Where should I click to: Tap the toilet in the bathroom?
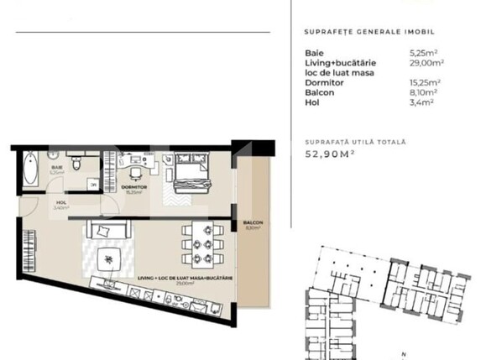pyautogui.click(x=76, y=164)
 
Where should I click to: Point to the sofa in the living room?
pyautogui.click(x=105, y=230)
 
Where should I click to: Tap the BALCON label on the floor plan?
pyautogui.click(x=253, y=222)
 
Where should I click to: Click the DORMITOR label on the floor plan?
pyautogui.click(x=133, y=186)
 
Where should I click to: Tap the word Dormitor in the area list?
pyautogui.click(x=324, y=82)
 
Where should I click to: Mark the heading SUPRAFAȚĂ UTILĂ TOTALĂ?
pyautogui.click(x=356, y=143)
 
